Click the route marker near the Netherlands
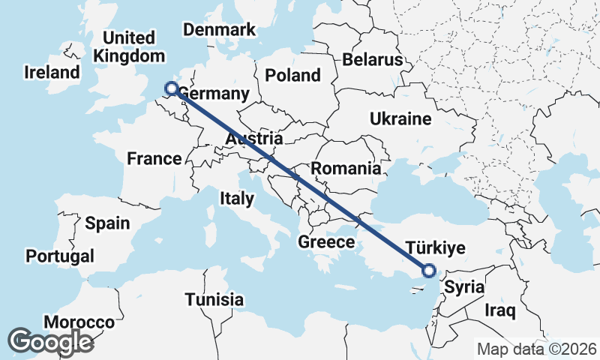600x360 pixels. point(171,88)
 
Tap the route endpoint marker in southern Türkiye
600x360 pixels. point(429,271)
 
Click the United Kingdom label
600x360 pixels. point(129,46)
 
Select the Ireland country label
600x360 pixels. point(52,73)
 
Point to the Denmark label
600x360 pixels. point(220,30)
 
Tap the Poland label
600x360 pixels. point(292,75)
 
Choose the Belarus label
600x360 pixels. point(371,60)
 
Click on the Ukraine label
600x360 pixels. point(400,118)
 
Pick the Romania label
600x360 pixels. point(346,169)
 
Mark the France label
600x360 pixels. point(154,158)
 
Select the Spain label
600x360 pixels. point(107,223)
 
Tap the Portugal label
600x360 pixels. point(60,256)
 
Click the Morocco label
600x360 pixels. point(79,322)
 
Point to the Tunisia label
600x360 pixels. point(214,300)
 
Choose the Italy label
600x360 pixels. point(236,199)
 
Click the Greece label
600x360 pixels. point(326,242)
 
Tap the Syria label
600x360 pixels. point(463,287)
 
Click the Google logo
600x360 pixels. point(50,341)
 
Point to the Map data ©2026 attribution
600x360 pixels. point(537,349)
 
